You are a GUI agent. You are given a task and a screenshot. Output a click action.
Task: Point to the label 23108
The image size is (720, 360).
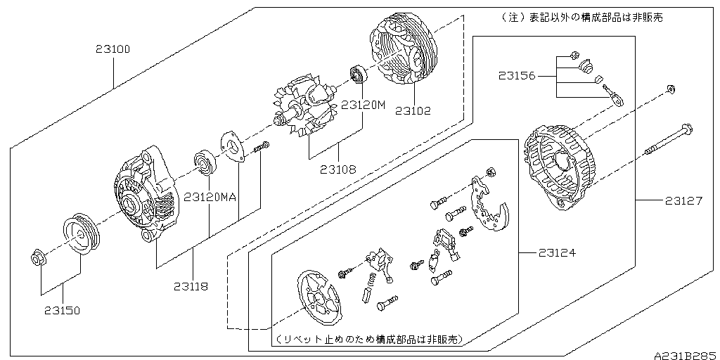pyautogui.click(x=337, y=169)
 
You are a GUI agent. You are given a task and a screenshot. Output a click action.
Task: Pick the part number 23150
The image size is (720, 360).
pyautogui.click(x=63, y=309)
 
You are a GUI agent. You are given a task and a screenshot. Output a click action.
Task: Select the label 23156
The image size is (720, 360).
pyautogui.click(x=517, y=74)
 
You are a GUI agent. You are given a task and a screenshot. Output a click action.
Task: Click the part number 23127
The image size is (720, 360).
pyautogui.click(x=683, y=201)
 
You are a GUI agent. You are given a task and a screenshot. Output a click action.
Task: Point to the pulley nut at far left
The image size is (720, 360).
pyautogui.click(x=39, y=258)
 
